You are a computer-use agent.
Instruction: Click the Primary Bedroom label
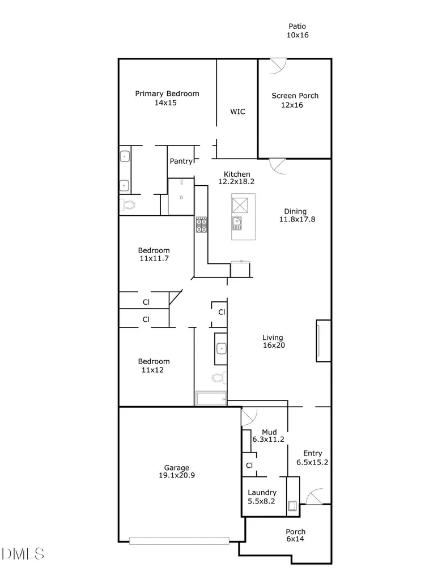point(167,93)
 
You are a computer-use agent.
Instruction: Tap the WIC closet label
point(237,112)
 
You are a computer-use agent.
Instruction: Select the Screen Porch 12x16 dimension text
point(292,105)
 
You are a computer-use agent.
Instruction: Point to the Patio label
point(297,26)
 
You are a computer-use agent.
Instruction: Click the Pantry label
point(181,161)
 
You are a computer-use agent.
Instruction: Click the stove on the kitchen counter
point(201,225)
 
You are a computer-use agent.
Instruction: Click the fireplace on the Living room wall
point(323,340)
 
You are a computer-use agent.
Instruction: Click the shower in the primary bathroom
point(181,197)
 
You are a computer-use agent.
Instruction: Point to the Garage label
point(176,468)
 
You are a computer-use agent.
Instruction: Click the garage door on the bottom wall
point(179,540)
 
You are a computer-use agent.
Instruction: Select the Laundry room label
point(262,493)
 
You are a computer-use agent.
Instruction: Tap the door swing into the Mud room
point(248,417)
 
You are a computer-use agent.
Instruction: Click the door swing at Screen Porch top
point(278,66)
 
